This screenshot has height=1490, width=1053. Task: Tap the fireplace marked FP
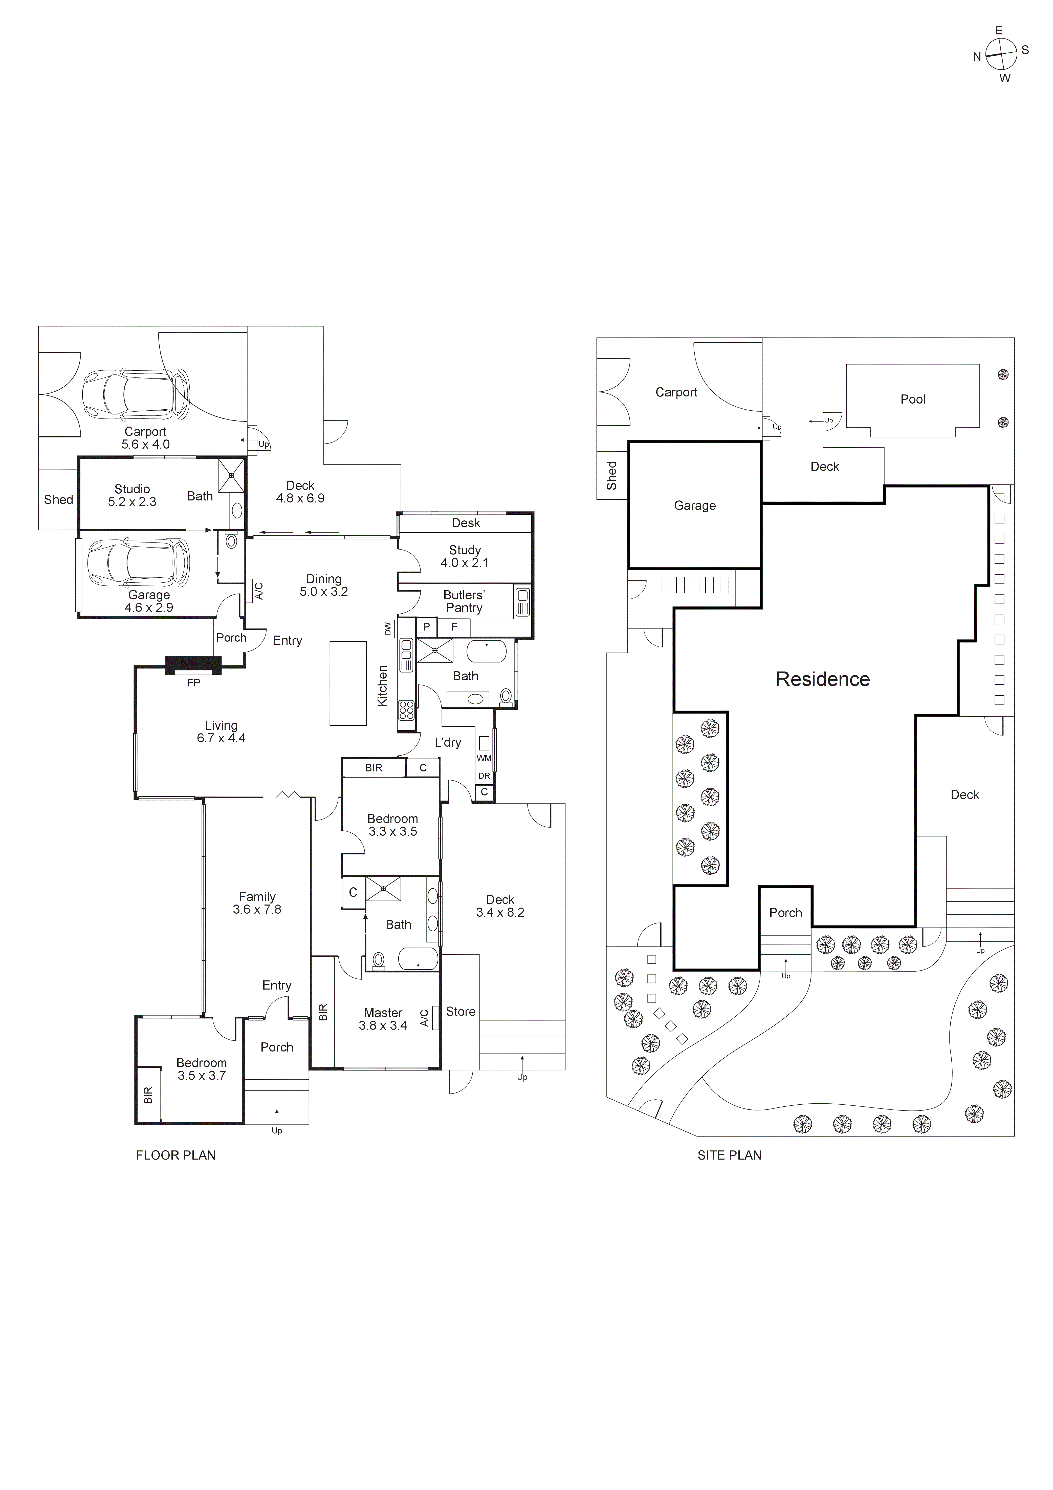(193, 665)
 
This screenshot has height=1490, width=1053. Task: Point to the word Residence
(823, 679)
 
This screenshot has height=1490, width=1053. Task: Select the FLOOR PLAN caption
(176, 1155)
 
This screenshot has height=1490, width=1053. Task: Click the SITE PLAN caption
(729, 1155)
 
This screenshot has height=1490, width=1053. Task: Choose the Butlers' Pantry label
(464, 602)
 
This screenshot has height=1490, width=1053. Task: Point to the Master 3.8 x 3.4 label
(383, 1019)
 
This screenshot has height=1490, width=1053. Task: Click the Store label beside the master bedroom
(461, 1012)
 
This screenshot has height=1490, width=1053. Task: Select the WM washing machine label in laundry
(484, 758)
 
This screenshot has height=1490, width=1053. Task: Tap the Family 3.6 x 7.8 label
(257, 903)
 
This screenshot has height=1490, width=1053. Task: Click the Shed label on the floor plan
(58, 500)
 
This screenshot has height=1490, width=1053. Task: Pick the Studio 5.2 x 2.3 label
(132, 495)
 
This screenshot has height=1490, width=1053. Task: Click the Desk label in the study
(466, 523)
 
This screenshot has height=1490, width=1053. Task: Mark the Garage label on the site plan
(695, 506)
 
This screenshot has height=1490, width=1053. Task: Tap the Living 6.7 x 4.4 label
(221, 731)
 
